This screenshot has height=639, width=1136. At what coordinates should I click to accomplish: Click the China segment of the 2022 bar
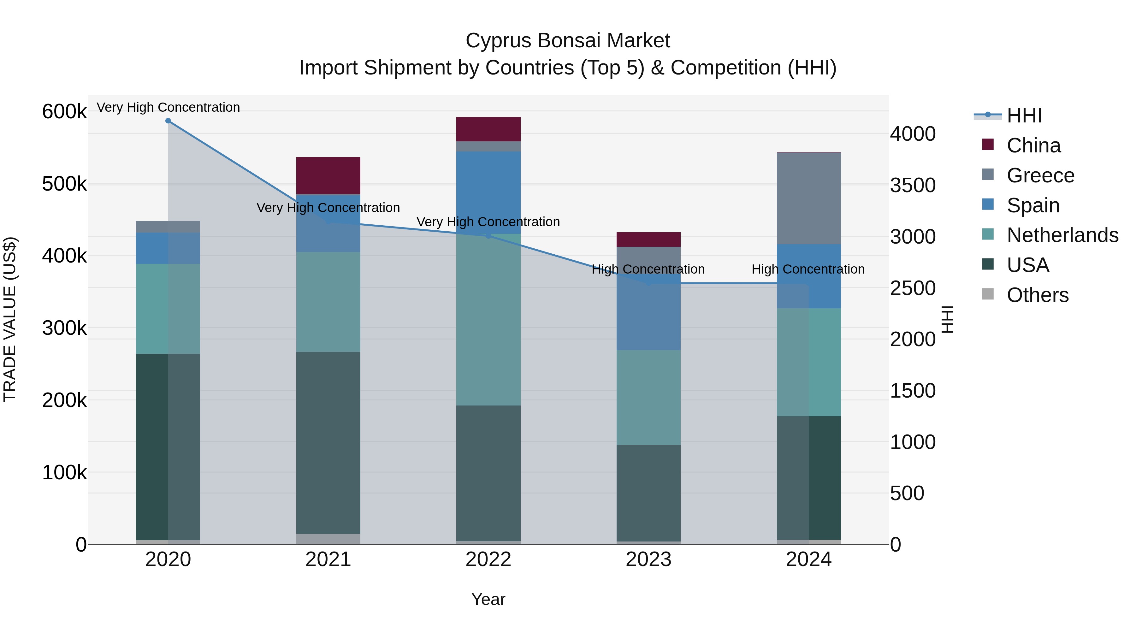pyautogui.click(x=488, y=129)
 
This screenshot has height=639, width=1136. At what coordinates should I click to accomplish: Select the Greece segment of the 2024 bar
pyautogui.click(x=809, y=198)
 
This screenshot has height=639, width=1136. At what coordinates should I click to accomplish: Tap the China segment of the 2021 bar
pyautogui.click(x=328, y=175)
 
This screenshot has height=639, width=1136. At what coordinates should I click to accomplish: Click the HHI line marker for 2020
pyautogui.click(x=168, y=121)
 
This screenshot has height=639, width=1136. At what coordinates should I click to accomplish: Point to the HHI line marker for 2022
pyautogui.click(x=488, y=236)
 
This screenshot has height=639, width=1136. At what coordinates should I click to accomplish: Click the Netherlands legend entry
pyautogui.click(x=1062, y=235)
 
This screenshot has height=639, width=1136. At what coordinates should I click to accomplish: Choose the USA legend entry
pyautogui.click(x=1027, y=265)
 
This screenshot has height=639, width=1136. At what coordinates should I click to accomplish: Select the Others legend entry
pyautogui.click(x=1037, y=295)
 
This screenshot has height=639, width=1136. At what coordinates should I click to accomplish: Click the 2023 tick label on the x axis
pyautogui.click(x=648, y=559)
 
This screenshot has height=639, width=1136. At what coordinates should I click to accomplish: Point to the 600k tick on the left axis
pyautogui.click(x=64, y=111)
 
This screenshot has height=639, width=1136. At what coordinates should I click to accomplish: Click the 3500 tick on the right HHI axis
pyautogui.click(x=912, y=185)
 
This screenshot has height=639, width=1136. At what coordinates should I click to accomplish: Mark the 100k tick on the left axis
pyautogui.click(x=64, y=472)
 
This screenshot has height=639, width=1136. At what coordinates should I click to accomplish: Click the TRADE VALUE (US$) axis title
pyautogui.click(x=10, y=319)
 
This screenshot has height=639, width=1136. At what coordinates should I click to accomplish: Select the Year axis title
pyautogui.click(x=488, y=599)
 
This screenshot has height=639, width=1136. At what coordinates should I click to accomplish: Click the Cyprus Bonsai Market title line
pyautogui.click(x=568, y=41)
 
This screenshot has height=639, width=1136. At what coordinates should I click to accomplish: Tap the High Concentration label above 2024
pyautogui.click(x=808, y=269)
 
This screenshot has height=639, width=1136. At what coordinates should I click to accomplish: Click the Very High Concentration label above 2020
pyautogui.click(x=168, y=107)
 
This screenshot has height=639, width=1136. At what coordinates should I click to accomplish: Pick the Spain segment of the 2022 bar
pyautogui.click(x=488, y=192)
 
